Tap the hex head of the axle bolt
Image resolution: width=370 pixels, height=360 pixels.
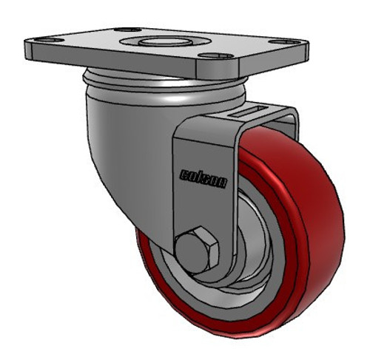click(199, 245)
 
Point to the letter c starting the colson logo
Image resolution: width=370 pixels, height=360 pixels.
click(184, 174)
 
